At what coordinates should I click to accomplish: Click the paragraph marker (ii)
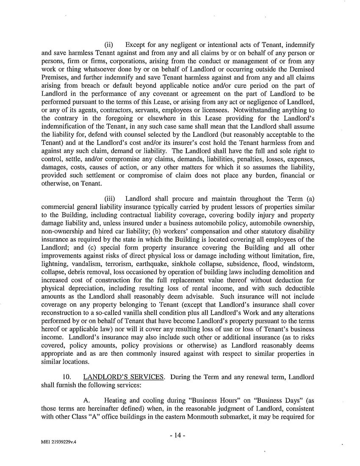click(109, 45)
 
